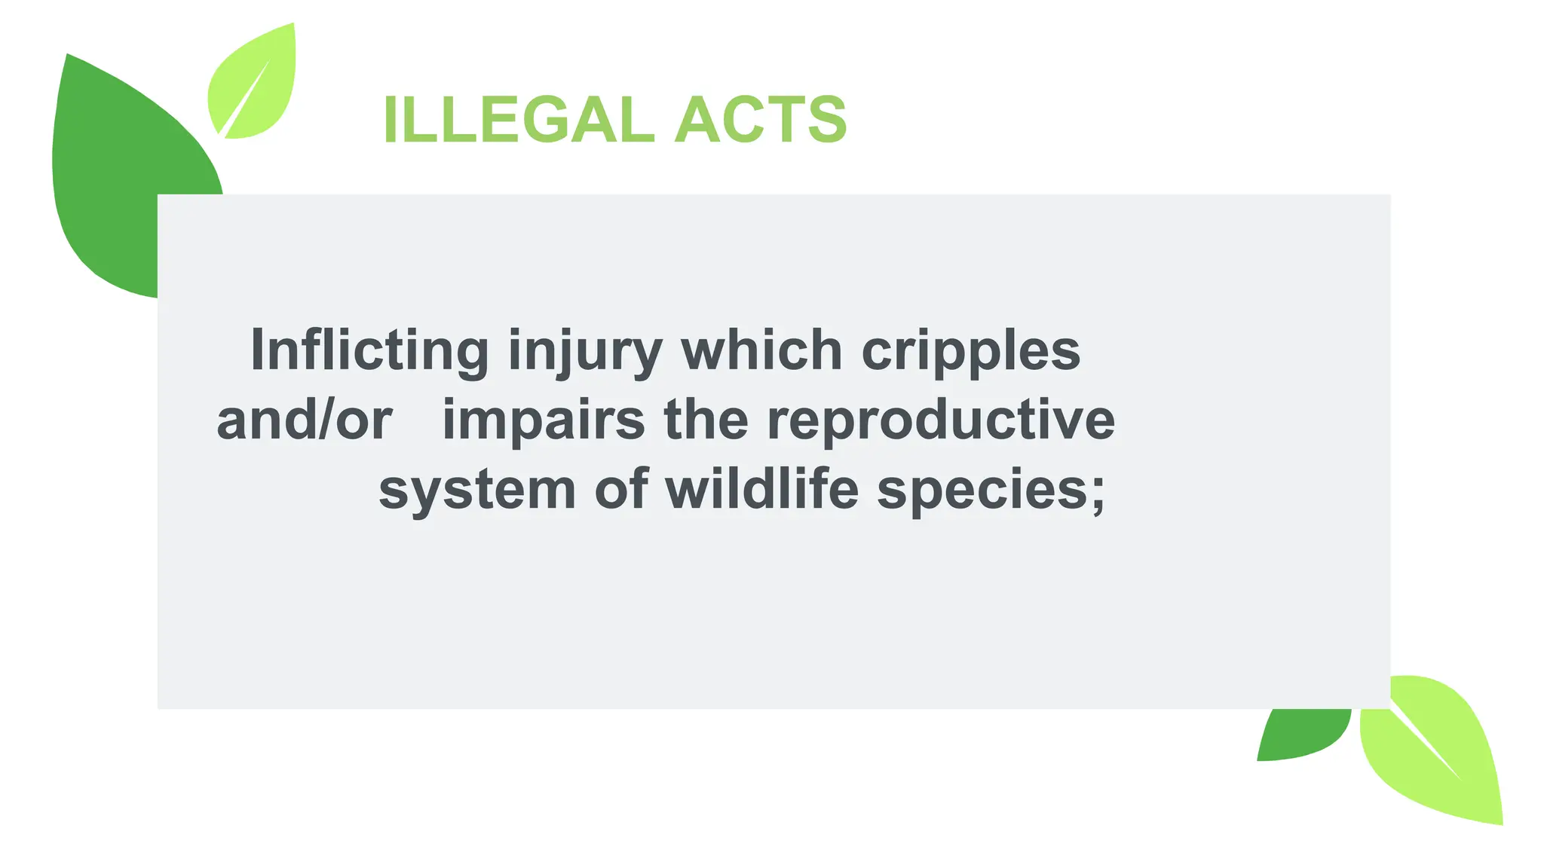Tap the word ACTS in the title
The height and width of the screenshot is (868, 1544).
tap(761, 120)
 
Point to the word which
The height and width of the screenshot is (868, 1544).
tap(761, 350)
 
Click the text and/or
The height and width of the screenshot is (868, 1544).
tap(304, 420)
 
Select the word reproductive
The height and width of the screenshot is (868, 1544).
tap(940, 420)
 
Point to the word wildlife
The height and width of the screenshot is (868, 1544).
tap(761, 490)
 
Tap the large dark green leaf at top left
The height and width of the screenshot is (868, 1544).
tap(113, 173)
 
